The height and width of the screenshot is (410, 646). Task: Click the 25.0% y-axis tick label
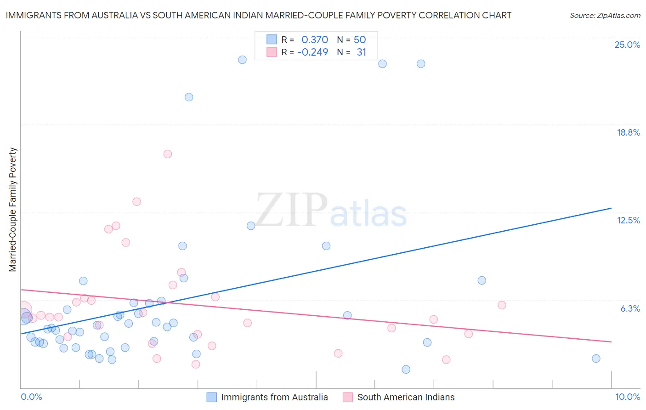[627, 45]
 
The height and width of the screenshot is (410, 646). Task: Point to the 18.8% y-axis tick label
[628, 132]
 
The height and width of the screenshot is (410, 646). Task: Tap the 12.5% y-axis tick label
[628, 220]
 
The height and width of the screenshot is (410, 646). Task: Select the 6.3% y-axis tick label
[630, 308]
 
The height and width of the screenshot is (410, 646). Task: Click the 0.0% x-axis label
[31, 397]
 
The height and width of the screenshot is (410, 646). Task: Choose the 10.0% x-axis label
[627, 397]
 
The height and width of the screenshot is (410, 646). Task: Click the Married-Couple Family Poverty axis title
[13, 209]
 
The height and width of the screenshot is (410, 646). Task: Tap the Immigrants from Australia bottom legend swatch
[211, 397]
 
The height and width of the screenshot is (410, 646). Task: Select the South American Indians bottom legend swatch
[348, 397]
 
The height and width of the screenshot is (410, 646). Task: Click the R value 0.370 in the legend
[315, 40]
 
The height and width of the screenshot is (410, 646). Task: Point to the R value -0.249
[313, 52]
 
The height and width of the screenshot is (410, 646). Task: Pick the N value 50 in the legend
[360, 40]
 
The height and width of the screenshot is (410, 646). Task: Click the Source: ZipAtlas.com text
[605, 16]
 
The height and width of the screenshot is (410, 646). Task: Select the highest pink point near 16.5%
[168, 154]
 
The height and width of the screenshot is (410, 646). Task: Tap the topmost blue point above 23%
[242, 60]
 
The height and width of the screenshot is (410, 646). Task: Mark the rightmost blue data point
[596, 359]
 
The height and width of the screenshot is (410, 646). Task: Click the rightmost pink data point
[502, 305]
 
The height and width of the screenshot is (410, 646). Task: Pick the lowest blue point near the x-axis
[406, 370]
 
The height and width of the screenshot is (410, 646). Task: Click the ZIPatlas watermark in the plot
[331, 210]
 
